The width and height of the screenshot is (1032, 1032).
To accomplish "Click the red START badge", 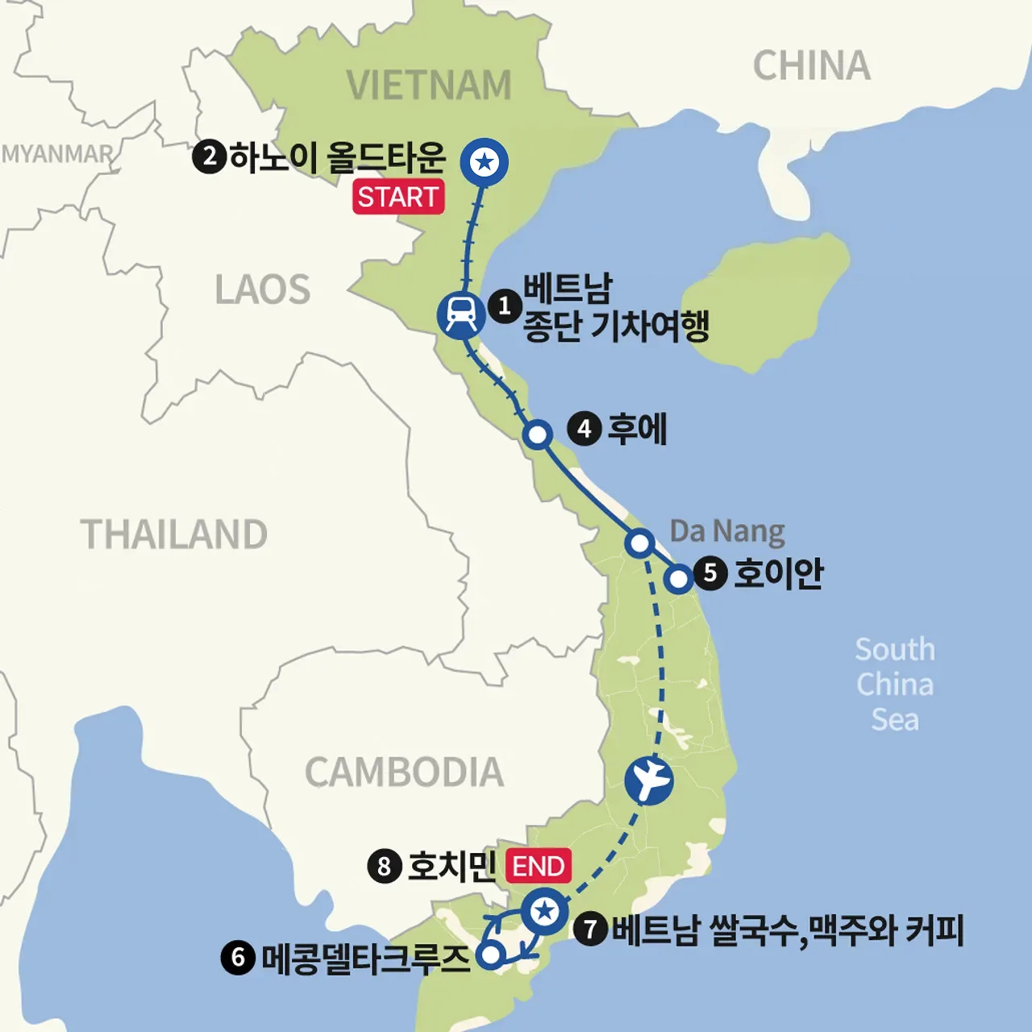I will (x=398, y=198).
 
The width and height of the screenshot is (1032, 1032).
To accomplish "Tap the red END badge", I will (x=539, y=867).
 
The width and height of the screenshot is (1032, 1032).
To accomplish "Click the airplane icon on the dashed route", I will (x=649, y=780).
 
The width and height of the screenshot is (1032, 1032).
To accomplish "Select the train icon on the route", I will (x=461, y=314).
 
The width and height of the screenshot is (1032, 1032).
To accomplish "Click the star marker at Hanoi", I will (x=484, y=162).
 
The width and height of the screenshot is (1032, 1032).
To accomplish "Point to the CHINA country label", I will (x=812, y=66).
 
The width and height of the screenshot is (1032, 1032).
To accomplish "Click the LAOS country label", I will (x=263, y=290).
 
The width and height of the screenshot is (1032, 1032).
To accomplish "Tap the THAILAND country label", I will (x=174, y=535).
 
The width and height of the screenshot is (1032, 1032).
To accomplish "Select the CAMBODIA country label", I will (x=404, y=772).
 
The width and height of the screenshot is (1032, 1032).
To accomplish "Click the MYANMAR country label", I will (x=57, y=153).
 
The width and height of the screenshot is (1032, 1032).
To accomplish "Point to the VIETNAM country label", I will (x=429, y=85).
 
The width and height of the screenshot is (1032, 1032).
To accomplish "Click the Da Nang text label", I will (x=727, y=531).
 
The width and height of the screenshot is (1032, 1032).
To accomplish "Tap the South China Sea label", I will (x=895, y=685).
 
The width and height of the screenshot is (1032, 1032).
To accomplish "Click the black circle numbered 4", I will (x=585, y=429).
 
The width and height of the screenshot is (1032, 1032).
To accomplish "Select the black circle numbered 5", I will (x=710, y=574).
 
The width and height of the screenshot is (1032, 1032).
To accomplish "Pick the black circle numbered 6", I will (x=238, y=958).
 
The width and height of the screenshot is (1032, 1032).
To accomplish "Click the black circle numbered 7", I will (x=591, y=930).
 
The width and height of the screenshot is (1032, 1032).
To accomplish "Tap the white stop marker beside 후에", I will (x=537, y=435).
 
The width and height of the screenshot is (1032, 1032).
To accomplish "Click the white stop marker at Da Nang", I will (x=639, y=543).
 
